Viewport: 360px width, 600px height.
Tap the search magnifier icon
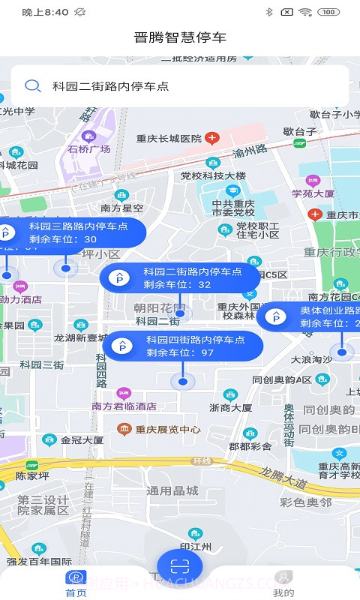pyautogui.click(x=33, y=86)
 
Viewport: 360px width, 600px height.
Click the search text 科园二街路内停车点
pyautogui.click(x=111, y=86)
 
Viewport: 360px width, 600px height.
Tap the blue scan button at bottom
pyautogui.click(x=180, y=566)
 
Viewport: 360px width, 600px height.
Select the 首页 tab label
pyautogui.click(x=76, y=592)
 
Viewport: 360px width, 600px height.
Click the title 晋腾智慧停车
pyautogui.click(x=180, y=37)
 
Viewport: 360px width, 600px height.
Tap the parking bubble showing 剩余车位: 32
pyautogui.click(x=180, y=278)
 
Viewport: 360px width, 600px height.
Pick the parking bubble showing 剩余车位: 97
pyautogui.click(x=183, y=346)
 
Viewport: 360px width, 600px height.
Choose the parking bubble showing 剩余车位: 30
pyautogui.click(x=67, y=232)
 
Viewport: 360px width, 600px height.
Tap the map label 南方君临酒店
pyautogui.click(x=124, y=406)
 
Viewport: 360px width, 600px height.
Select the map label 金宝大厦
pyautogui.click(x=82, y=440)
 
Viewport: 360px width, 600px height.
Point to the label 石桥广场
pyautogui.click(x=89, y=148)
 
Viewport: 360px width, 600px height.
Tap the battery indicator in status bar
pyautogui.click(x=328, y=12)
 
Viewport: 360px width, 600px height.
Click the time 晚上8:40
pyautogui.click(x=45, y=12)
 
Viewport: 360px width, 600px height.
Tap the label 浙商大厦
pyautogui.click(x=230, y=407)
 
